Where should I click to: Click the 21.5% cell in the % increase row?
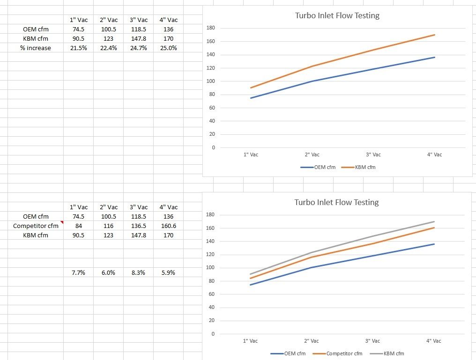click(78, 48)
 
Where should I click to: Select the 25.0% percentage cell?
click(168, 48)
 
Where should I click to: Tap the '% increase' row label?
click(36, 48)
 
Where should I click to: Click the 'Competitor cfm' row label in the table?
click(36, 226)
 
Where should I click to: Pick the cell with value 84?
click(78, 226)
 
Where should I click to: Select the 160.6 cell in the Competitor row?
click(168, 226)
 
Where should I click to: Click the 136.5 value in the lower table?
click(138, 226)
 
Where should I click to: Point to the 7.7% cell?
click(78, 272)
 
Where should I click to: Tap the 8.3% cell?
click(138, 272)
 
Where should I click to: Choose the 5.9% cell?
click(168, 272)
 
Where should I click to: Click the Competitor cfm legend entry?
click(344, 353)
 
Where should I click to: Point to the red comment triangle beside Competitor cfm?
click(61, 222)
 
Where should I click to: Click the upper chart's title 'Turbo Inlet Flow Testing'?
click(337, 15)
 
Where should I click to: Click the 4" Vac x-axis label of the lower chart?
click(433, 341)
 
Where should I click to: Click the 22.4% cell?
click(108, 48)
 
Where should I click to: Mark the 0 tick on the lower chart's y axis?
click(213, 334)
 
